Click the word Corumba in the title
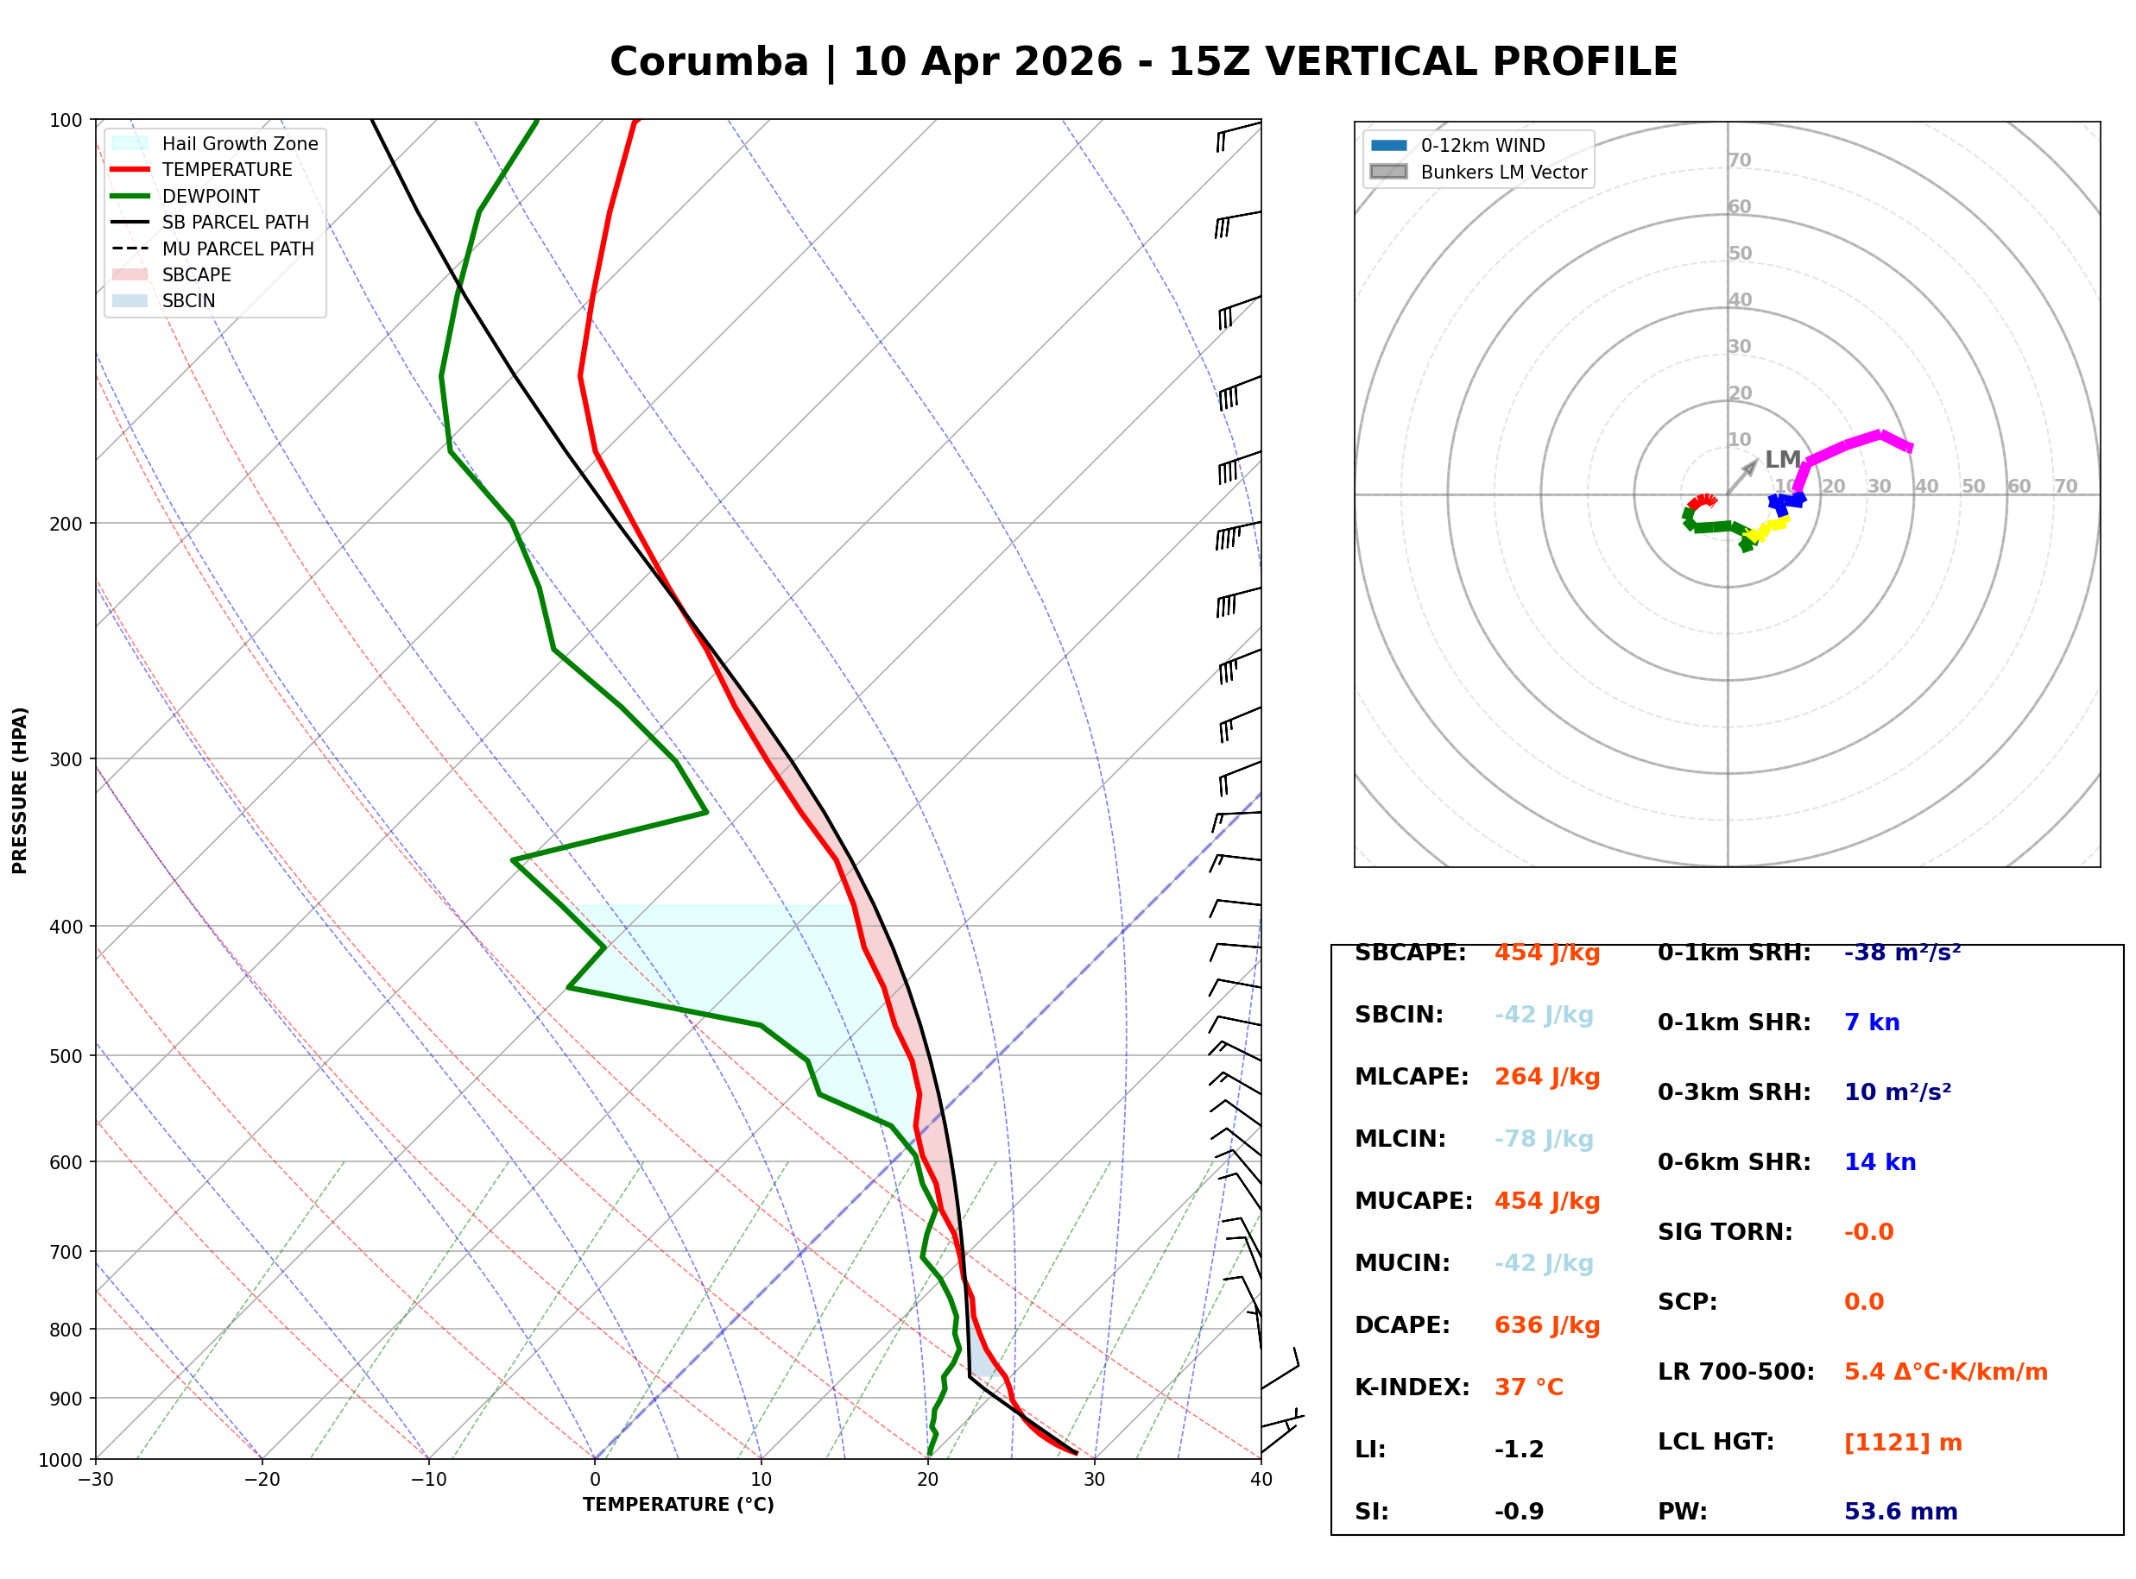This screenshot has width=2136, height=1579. tap(709, 62)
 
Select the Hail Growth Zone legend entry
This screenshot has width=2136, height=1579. tap(239, 143)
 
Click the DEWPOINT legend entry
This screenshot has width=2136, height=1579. tap(211, 196)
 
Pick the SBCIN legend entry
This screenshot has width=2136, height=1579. tap(188, 301)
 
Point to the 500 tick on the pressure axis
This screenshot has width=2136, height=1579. tap(65, 1056)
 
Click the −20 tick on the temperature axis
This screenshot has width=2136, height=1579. tap(261, 1480)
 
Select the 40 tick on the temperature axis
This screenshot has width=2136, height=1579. tap(1261, 1480)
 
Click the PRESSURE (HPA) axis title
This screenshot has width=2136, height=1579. tap(20, 790)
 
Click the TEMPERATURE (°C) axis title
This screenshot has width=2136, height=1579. tap(678, 1505)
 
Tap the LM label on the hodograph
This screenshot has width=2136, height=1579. tap(1782, 460)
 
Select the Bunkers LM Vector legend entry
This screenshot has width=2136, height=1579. tap(1503, 172)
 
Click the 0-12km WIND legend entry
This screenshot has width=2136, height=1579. tap(1482, 145)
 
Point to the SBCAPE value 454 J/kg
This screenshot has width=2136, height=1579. tap(1546, 953)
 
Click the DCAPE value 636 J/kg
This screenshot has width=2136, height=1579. tap(1546, 1324)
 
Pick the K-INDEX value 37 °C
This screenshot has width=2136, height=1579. tap(1528, 1387)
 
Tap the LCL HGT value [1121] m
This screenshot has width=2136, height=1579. tap(1902, 1443)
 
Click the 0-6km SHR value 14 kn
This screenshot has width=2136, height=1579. tap(1879, 1162)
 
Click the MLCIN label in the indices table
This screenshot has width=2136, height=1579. tap(1400, 1138)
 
